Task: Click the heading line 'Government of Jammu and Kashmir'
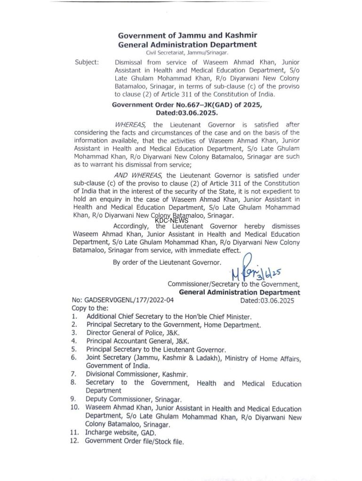point(187,35)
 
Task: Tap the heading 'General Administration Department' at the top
point(187,45)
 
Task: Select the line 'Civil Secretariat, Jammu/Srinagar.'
point(187,53)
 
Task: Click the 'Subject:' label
point(87,62)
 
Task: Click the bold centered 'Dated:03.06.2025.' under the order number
point(187,113)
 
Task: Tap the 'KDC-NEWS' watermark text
point(171,220)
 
